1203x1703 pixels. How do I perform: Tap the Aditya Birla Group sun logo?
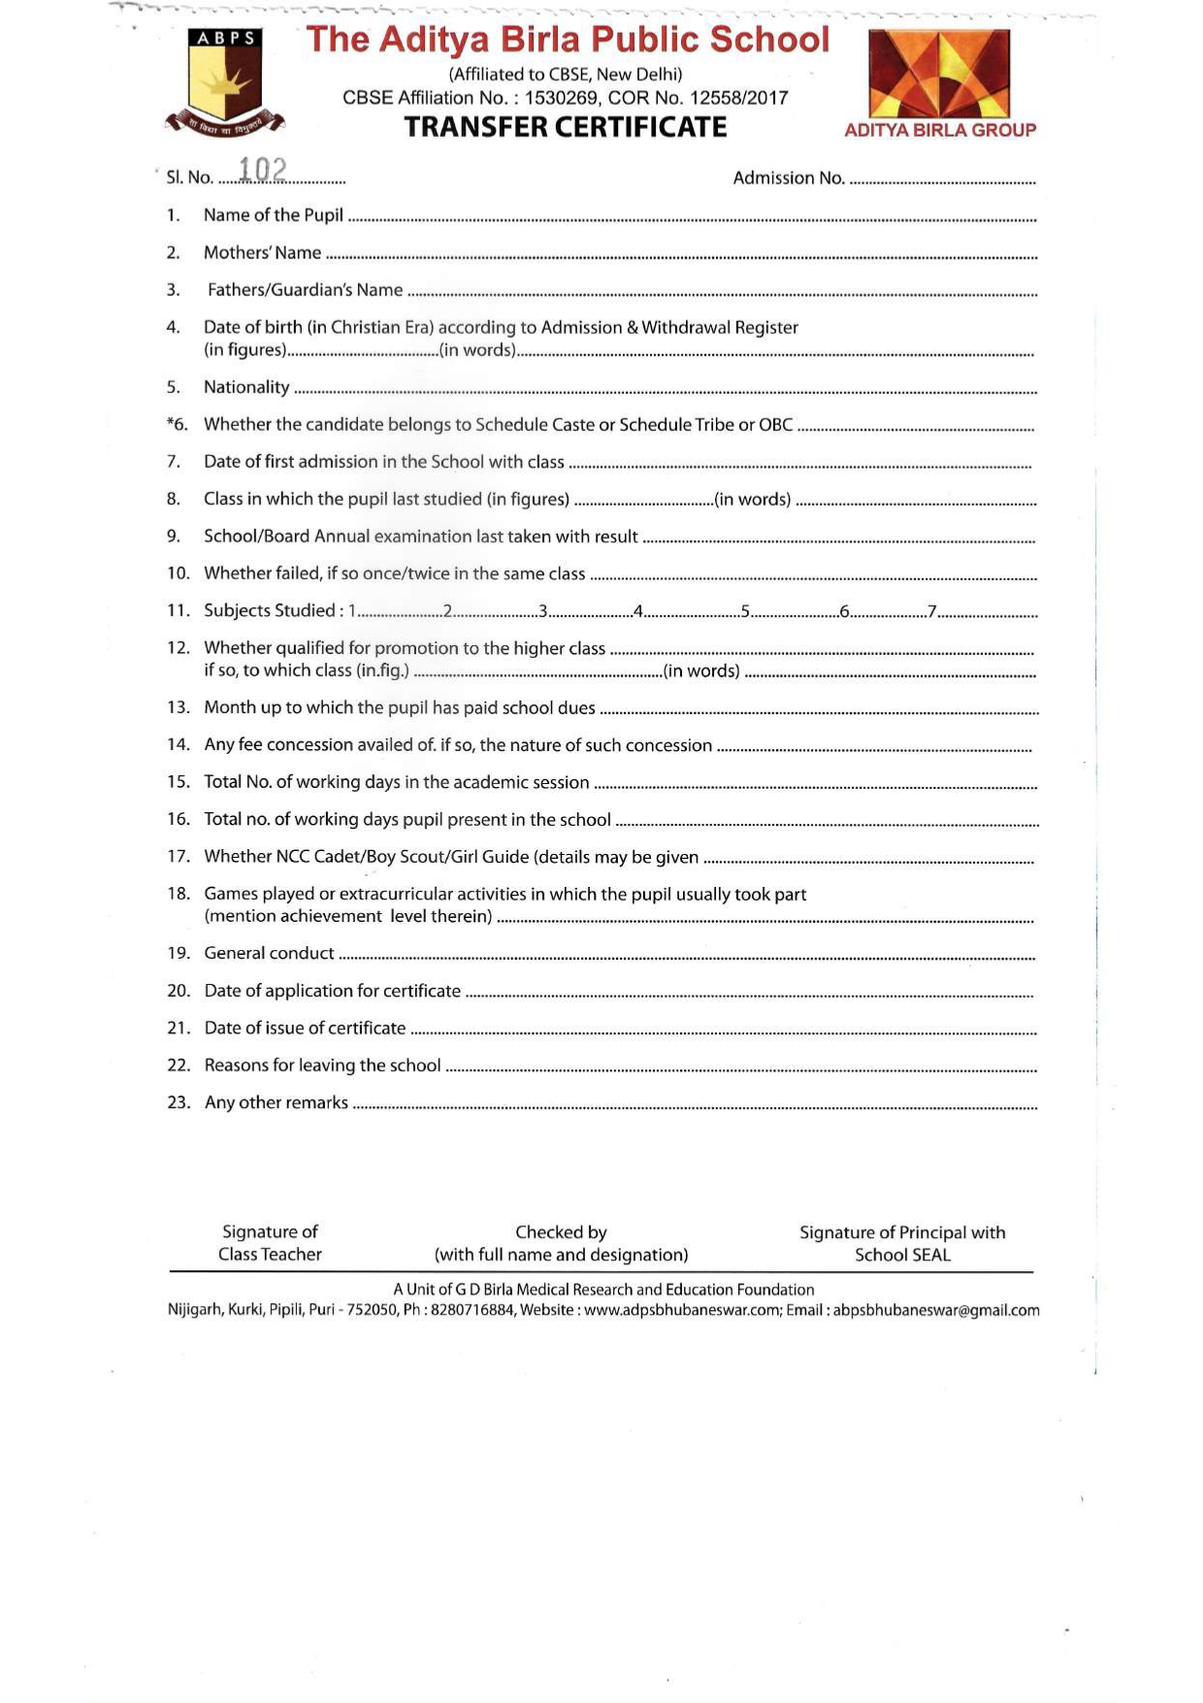938,74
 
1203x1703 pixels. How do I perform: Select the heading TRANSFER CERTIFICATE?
565,127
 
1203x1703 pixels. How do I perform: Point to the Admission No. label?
788,178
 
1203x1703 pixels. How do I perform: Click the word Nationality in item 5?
246,387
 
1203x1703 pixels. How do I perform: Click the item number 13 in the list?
178,707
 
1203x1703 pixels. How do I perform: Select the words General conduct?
269,953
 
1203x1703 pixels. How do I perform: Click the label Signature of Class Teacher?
270,1243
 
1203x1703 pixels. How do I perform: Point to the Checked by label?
561,1232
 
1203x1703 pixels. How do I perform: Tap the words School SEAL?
902,1255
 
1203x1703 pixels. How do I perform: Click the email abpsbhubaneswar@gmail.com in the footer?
936,1310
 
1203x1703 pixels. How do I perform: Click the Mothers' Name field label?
262,252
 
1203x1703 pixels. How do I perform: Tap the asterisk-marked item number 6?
177,424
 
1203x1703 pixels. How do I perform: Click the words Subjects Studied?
269,610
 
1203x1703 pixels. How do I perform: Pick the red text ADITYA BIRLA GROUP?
939,130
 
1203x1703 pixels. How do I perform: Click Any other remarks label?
276,1102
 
